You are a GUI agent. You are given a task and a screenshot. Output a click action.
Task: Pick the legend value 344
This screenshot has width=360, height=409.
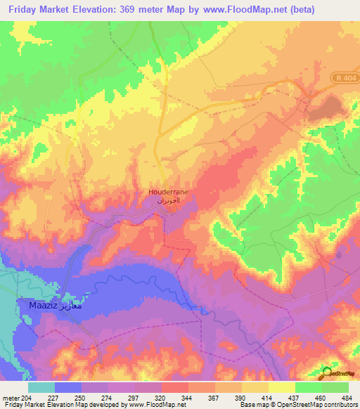[188, 397]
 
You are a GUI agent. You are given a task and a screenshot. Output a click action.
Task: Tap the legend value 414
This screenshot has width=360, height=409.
[268, 397]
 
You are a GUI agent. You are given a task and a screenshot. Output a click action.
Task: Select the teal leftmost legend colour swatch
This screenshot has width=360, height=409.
[41, 387]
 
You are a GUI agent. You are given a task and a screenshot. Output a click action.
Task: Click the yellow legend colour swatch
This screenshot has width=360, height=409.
[282, 387]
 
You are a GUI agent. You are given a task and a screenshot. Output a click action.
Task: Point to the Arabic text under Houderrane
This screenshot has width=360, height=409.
[167, 200]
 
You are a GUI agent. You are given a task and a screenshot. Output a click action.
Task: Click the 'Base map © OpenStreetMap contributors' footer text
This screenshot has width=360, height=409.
[297, 405]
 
